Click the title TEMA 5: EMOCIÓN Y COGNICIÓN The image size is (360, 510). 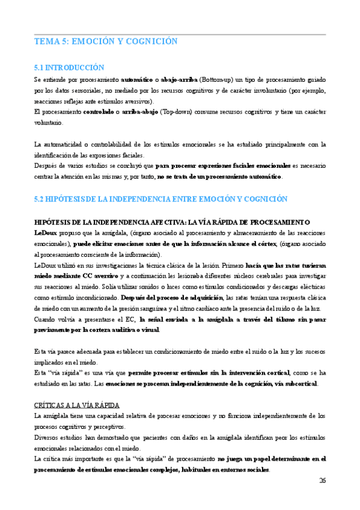(106, 41)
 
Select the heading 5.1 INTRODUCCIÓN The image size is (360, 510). (69, 68)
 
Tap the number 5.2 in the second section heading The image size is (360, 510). (41, 198)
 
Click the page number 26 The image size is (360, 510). (322, 480)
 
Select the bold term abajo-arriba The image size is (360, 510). (181, 79)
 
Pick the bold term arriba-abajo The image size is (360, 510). (139, 112)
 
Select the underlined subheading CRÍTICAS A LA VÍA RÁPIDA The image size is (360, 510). (78, 405)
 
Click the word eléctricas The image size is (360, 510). (311, 286)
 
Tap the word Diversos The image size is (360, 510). (48, 437)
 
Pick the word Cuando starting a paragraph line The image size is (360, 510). (47, 319)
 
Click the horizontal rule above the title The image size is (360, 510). (180, 34)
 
